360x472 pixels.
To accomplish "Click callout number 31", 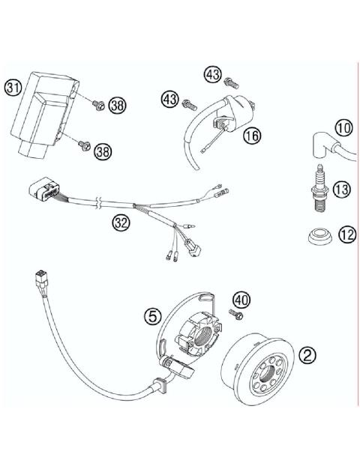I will coord(13,87).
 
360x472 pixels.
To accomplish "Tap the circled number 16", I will coord(250,136).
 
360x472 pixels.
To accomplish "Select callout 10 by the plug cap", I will coord(343,128).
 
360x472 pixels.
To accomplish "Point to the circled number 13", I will coord(342,190).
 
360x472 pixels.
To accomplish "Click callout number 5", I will coord(154,317).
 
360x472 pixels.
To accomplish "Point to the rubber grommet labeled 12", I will coord(319,237).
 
